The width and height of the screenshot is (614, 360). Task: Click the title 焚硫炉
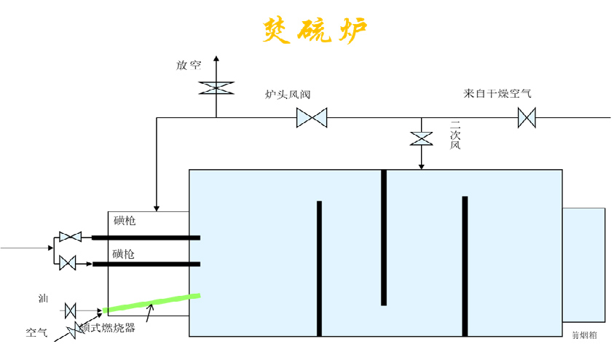pyautogui.click(x=315, y=31)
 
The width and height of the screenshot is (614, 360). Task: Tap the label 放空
pyautogui.click(x=189, y=65)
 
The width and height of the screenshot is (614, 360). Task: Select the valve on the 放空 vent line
pyautogui.click(x=216, y=87)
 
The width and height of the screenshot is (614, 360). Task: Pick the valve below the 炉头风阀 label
pyautogui.click(x=312, y=117)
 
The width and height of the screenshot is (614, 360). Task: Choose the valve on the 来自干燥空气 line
pyautogui.click(x=527, y=117)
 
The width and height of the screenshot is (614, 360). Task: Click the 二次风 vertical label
pyautogui.click(x=455, y=135)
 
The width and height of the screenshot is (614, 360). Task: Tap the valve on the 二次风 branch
pyautogui.click(x=422, y=138)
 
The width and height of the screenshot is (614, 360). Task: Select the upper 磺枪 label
pyautogui.click(x=125, y=220)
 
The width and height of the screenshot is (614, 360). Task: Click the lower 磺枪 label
pyautogui.click(x=125, y=254)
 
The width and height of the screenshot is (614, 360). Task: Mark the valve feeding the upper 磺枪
pyautogui.click(x=70, y=237)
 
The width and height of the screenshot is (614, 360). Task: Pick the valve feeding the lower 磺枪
pyautogui.click(x=68, y=263)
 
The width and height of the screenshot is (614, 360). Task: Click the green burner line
pyautogui.click(x=153, y=302)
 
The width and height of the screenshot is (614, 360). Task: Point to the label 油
pyautogui.click(x=44, y=299)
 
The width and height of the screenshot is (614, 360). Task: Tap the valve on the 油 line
pyautogui.click(x=71, y=310)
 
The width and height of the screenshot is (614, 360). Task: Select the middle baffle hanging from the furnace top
pyautogui.click(x=384, y=237)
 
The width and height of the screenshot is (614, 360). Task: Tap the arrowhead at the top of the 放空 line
pyautogui.click(x=216, y=57)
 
